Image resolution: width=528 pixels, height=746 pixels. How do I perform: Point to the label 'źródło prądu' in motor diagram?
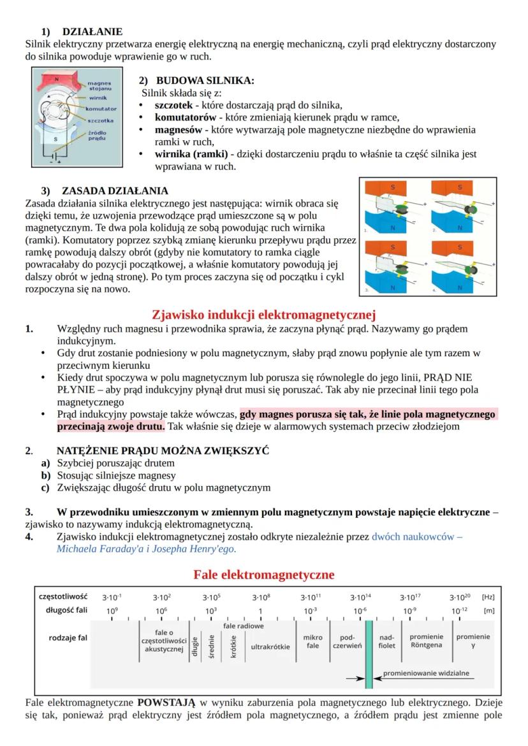click(97, 134)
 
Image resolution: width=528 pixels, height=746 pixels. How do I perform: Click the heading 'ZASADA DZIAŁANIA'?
click(115, 190)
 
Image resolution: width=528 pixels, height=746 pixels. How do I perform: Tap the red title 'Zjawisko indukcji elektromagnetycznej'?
click(264, 314)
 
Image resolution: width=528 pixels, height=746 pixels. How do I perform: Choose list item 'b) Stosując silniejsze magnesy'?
click(116, 475)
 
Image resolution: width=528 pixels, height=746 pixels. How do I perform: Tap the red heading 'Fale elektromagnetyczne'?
click(264, 575)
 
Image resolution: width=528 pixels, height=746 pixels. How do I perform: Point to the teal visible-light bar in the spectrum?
click(369, 653)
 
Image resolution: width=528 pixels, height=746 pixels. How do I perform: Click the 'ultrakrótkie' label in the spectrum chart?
click(270, 647)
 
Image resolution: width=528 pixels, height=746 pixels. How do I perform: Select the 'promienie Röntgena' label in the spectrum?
click(426, 641)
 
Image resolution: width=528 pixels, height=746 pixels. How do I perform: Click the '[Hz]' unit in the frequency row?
click(488, 597)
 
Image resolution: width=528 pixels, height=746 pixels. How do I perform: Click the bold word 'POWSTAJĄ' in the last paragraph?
click(166, 703)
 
